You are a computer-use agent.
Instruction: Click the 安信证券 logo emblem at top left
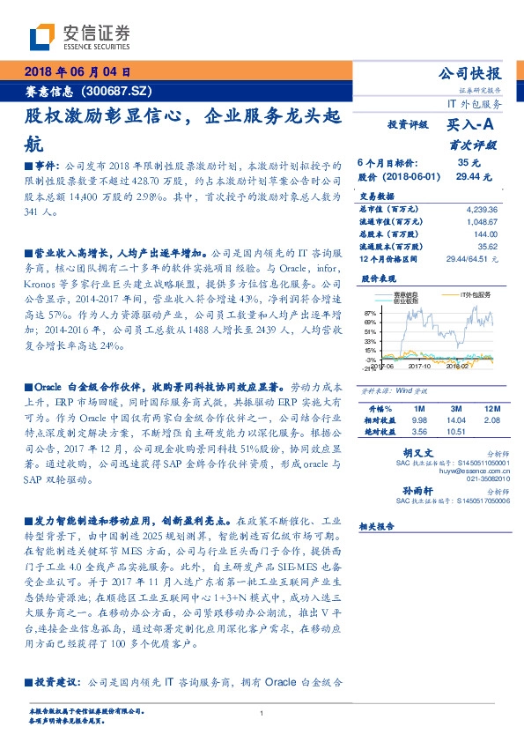coord(41,36)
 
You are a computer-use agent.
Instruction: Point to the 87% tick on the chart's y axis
coord(370,314)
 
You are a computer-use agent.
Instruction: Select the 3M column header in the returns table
coord(456,409)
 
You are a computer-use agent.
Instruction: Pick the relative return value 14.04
coord(456,420)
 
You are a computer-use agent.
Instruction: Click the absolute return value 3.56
coord(419,432)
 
